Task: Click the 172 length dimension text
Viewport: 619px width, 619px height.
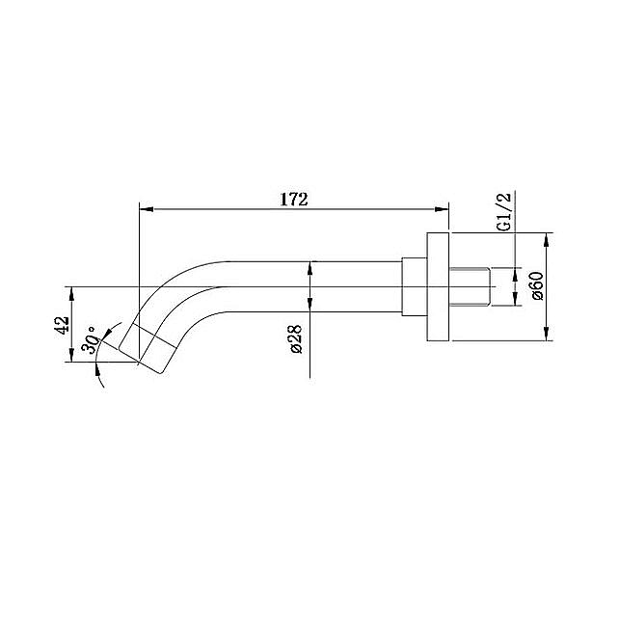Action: (x=293, y=200)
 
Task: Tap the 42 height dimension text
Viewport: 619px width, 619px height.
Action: (x=62, y=325)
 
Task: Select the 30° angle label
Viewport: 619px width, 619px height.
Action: (x=91, y=341)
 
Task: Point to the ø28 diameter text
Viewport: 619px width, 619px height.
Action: (x=296, y=338)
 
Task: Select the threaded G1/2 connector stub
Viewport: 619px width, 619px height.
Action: (x=472, y=286)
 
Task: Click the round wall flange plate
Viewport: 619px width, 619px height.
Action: (x=439, y=286)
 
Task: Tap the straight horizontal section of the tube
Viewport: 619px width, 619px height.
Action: (x=309, y=286)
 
